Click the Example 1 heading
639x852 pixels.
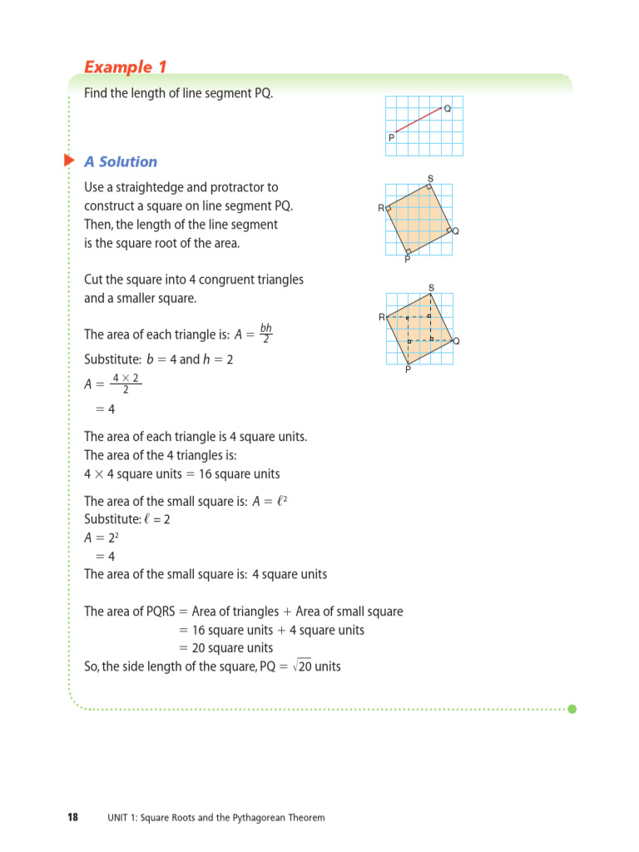click(119, 67)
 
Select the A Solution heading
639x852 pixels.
click(121, 161)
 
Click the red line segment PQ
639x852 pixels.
click(418, 120)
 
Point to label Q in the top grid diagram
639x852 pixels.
click(448, 108)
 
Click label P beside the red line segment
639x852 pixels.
click(391, 138)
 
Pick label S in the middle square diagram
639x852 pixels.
click(430, 179)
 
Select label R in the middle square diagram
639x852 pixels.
click(381, 208)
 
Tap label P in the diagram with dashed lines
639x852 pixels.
click(408, 369)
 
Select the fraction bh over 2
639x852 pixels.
click(265, 334)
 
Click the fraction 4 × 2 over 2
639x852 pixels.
click(126, 384)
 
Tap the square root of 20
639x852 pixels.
click(303, 666)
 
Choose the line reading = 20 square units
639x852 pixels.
click(225, 648)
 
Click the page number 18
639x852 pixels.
click(72, 817)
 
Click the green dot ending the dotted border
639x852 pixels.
click(572, 709)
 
